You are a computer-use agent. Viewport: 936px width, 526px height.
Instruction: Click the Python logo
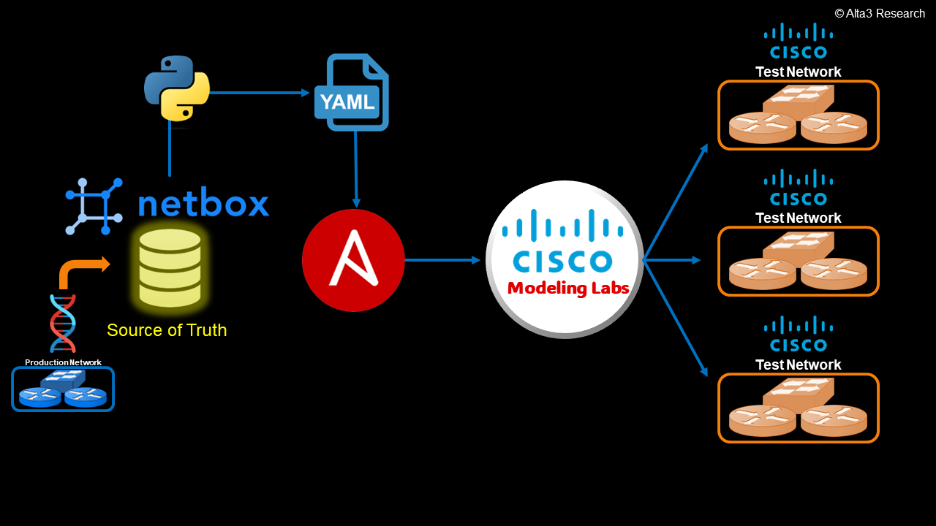pos(177,88)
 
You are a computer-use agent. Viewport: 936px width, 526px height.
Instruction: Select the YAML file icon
pos(352,93)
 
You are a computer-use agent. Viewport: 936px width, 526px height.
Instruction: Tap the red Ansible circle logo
pos(353,260)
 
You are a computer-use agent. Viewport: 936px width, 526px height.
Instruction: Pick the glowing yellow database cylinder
pos(170,267)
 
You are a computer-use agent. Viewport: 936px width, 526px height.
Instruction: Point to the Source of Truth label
pos(167,330)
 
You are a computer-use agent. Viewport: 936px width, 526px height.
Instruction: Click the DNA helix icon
pos(63,324)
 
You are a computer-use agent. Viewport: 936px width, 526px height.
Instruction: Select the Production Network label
pos(63,362)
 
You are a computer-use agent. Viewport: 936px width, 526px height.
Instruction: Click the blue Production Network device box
pos(63,389)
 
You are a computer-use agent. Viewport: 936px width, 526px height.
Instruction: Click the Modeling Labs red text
pos(568,288)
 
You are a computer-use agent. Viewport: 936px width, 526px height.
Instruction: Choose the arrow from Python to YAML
pos(260,93)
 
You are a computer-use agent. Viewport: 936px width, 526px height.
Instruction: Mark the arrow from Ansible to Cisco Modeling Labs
pos(442,260)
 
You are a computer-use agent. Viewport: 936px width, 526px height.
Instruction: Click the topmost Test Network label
pos(798,72)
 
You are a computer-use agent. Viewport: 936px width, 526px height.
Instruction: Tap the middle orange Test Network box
pos(798,262)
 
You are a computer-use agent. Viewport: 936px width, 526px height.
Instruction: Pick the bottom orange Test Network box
pos(798,408)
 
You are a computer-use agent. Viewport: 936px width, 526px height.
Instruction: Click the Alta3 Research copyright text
pos(880,13)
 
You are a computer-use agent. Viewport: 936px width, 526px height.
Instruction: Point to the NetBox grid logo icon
pos(94,206)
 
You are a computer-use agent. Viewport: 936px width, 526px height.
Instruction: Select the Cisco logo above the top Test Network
pos(799,42)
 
